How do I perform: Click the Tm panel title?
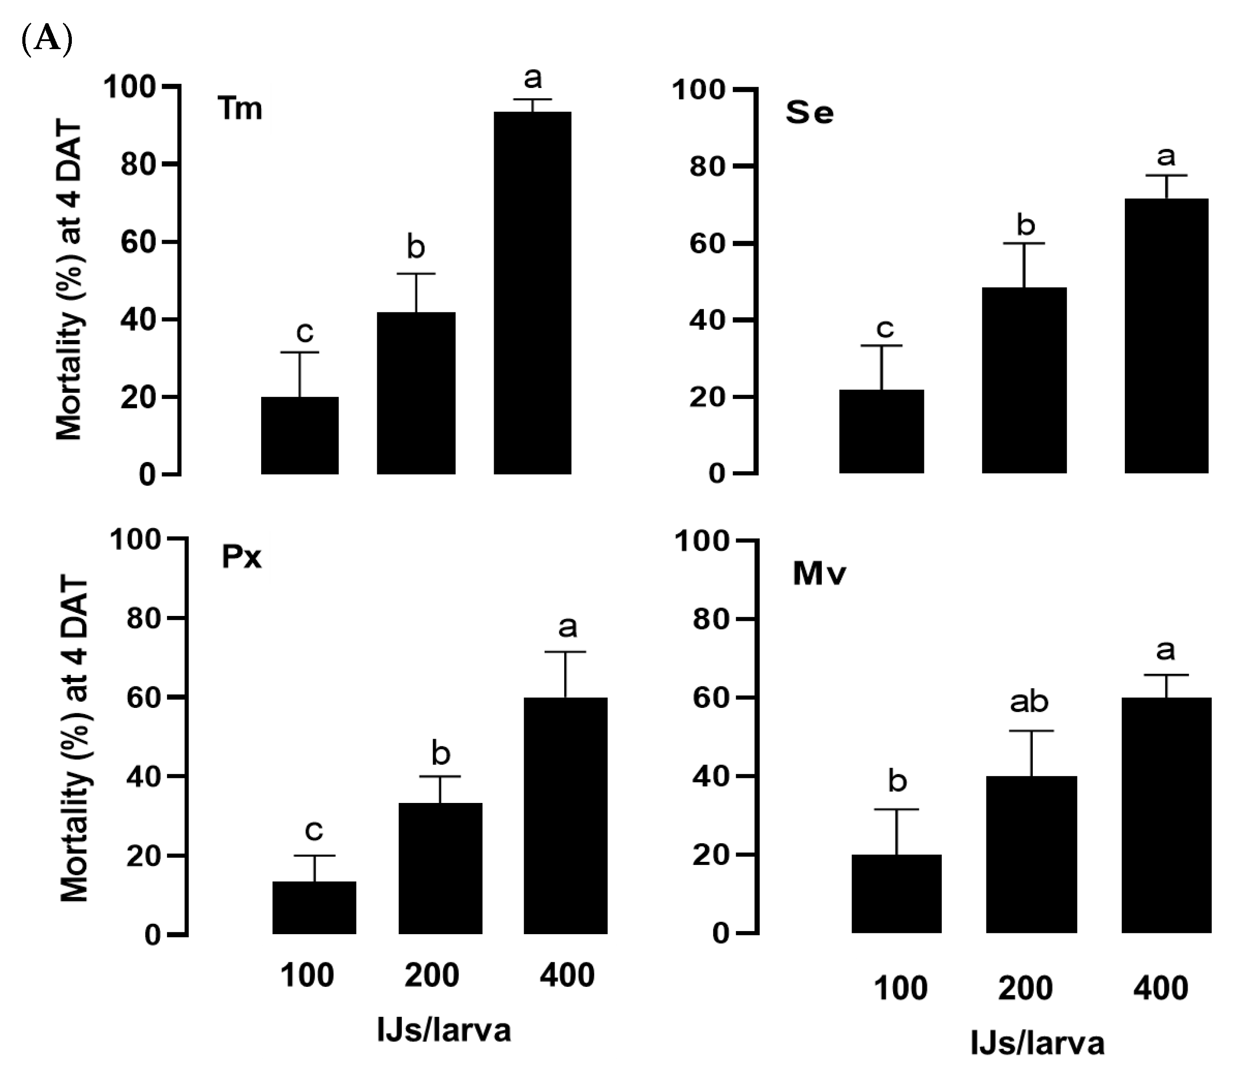(241, 110)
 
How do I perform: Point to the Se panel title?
(810, 113)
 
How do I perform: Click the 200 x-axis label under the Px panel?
(432, 976)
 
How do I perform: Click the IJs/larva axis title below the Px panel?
(444, 1031)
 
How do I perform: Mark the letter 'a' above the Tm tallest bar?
(532, 79)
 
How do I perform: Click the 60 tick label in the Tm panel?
(138, 242)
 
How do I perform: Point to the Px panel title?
(242, 557)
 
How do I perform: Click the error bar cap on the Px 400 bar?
(566, 652)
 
